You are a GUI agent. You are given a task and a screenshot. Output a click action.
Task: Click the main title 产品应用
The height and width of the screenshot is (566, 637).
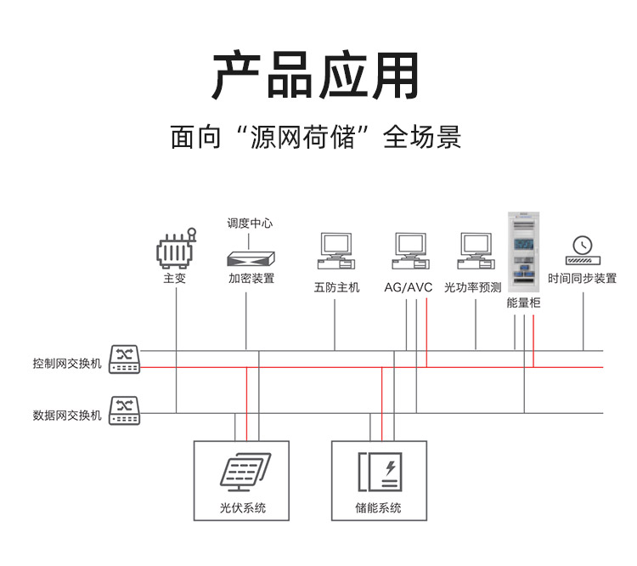tap(316, 76)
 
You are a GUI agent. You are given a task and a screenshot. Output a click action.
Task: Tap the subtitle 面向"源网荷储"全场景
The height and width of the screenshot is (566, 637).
tap(316, 138)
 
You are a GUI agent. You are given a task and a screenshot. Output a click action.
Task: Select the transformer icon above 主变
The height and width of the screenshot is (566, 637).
tap(176, 249)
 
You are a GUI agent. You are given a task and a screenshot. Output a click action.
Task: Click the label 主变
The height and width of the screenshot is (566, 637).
tap(175, 279)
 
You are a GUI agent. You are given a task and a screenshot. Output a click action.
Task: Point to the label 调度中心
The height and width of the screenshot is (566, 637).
tap(250, 224)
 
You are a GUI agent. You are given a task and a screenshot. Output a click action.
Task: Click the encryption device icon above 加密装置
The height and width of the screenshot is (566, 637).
tap(251, 257)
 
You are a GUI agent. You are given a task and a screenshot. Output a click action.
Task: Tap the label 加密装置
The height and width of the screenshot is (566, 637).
tap(251, 279)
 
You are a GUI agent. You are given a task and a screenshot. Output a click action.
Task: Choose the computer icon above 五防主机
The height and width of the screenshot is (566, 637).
tap(336, 249)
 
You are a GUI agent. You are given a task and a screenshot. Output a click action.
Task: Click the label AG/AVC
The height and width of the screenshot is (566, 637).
tap(409, 287)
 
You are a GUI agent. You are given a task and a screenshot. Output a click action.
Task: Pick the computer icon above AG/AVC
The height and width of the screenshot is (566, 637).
tap(409, 249)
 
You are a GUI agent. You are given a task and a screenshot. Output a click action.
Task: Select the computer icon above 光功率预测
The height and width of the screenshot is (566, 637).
tap(476, 249)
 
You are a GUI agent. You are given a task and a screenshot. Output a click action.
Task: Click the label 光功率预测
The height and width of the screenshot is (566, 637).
tap(473, 287)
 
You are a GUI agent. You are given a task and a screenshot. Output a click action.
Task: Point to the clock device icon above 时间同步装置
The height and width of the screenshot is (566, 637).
tap(583, 249)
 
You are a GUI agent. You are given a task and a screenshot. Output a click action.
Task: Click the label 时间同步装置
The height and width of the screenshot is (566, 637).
tap(583, 279)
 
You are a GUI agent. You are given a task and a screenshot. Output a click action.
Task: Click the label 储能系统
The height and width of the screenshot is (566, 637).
tap(379, 508)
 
